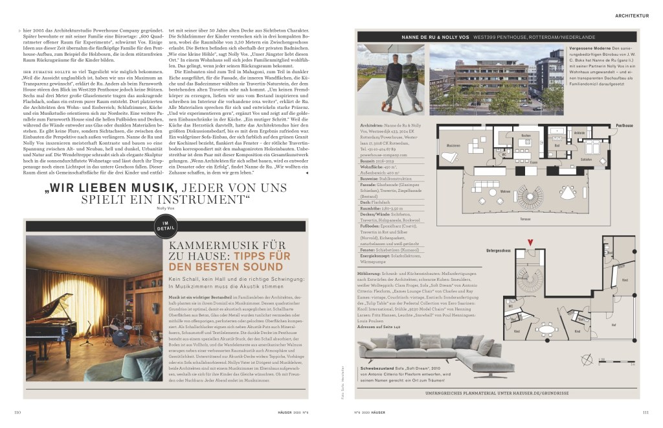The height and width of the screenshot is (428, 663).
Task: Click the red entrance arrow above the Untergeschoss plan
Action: click(531, 244)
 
